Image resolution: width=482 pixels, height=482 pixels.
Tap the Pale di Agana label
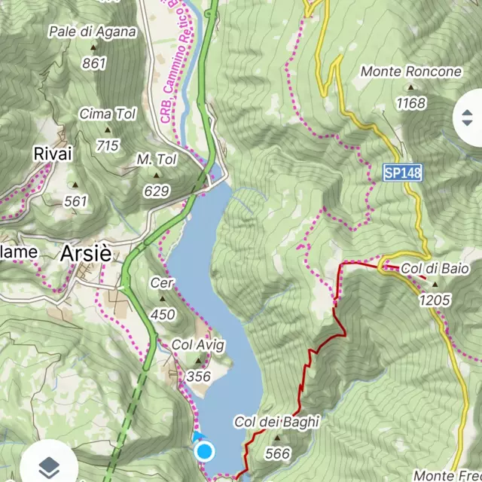point(92,32)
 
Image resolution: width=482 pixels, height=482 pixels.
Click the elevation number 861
point(94,64)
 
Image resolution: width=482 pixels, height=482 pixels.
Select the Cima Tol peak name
point(108,114)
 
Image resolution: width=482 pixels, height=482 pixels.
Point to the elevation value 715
point(108,145)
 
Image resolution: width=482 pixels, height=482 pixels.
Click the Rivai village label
point(53,154)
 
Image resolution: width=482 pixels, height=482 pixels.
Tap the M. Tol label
point(156,160)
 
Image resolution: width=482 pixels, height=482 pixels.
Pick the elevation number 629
point(156,191)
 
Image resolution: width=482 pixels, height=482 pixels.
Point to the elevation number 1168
point(411,103)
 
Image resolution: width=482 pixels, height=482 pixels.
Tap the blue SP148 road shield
point(402,173)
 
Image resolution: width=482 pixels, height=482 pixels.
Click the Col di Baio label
point(435,268)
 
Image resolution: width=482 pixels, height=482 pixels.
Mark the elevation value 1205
point(435,300)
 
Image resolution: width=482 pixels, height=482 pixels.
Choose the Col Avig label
point(198,343)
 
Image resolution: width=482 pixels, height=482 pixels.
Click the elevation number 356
point(198,376)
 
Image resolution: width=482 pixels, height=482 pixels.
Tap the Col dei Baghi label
point(276,423)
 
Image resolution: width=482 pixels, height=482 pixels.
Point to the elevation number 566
point(277,453)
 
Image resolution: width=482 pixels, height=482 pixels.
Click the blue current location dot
point(204,452)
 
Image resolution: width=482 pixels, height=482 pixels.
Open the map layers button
point(49,465)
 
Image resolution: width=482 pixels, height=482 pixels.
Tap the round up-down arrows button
point(467,118)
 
